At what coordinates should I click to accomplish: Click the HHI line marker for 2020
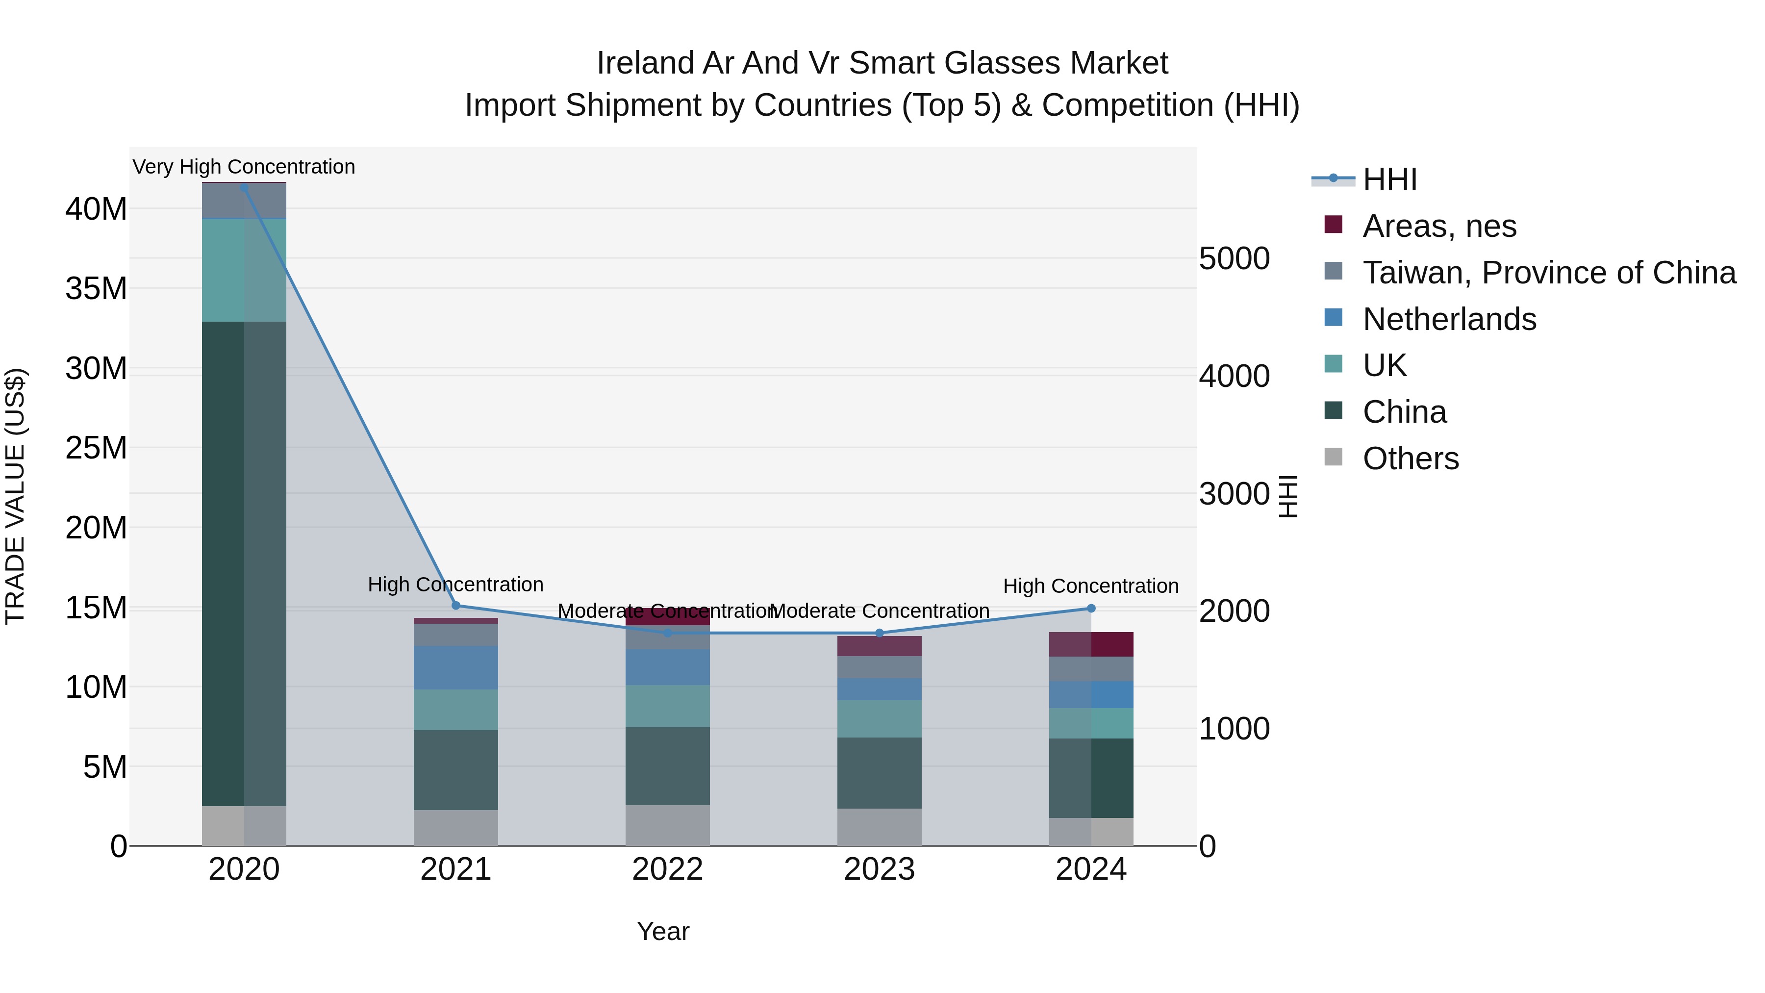(244, 187)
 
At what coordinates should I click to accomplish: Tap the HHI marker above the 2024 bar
(1091, 609)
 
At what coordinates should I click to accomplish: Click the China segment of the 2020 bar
(244, 562)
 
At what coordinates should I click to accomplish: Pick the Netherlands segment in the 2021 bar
(455, 667)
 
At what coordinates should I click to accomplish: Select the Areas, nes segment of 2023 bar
(879, 646)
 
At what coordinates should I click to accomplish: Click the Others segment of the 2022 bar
(667, 825)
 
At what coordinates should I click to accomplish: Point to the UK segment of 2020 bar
(244, 270)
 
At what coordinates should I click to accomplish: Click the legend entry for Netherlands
(1449, 319)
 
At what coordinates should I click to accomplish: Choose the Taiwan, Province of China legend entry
(1548, 273)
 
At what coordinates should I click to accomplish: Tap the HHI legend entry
(1389, 179)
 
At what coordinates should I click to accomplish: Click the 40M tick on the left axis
(96, 209)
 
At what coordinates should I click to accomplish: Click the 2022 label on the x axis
(667, 869)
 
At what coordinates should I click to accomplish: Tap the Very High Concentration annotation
(244, 167)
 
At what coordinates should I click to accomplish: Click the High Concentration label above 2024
(1091, 586)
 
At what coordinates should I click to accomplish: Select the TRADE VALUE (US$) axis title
(15, 496)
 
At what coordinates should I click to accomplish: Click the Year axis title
(662, 931)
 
